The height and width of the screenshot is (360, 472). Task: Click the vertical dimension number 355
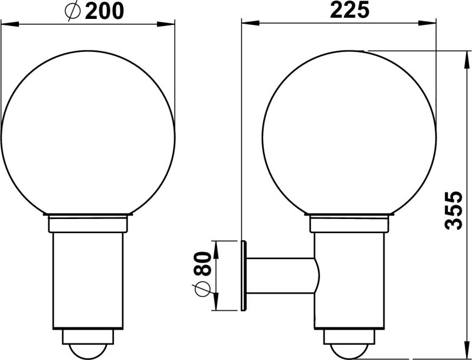tap(453, 210)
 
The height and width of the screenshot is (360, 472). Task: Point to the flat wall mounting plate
tap(244, 275)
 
